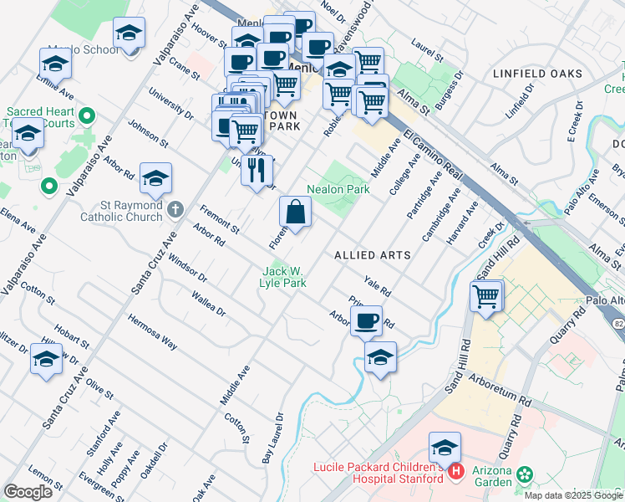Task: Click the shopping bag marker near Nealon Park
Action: (296, 212)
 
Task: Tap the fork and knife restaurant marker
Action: (257, 171)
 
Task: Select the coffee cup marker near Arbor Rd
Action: (365, 321)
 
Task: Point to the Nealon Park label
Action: (338, 190)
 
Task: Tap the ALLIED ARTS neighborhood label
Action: (373, 254)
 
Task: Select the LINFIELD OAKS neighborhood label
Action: (537, 74)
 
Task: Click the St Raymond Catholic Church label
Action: (121, 211)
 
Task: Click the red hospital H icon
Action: (456, 473)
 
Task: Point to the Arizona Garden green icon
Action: (525, 474)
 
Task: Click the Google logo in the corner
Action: (28, 492)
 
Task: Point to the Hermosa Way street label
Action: (152, 331)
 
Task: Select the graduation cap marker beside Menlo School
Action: (128, 33)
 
